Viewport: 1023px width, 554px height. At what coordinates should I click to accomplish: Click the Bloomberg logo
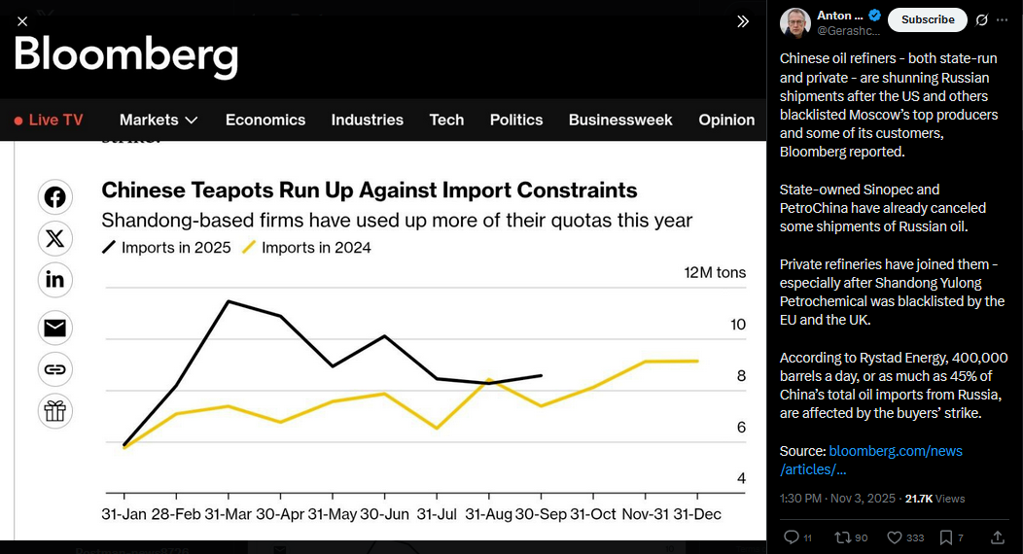(x=125, y=56)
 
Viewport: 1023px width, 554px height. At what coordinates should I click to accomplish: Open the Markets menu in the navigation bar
(x=159, y=120)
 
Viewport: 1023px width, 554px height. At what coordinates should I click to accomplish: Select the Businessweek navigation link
(x=620, y=120)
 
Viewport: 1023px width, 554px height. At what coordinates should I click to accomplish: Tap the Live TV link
(x=49, y=120)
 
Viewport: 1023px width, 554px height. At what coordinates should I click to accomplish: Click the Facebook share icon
(x=55, y=197)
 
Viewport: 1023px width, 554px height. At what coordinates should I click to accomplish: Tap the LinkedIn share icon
(x=55, y=280)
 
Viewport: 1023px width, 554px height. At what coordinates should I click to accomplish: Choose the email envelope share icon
(x=55, y=328)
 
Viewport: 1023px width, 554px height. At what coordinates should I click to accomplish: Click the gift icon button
(x=55, y=410)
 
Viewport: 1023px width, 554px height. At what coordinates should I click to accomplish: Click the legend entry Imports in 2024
(x=306, y=247)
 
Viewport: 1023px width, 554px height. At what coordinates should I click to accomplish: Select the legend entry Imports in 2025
(x=166, y=247)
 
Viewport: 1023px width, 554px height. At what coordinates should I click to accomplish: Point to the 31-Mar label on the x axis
(x=229, y=513)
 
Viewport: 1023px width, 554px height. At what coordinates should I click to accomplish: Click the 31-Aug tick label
(x=488, y=513)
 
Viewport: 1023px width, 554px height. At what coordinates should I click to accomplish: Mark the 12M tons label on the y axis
(x=715, y=272)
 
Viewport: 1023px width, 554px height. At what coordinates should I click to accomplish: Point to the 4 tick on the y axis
(x=741, y=478)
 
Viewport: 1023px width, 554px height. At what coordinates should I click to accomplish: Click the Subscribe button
(x=928, y=19)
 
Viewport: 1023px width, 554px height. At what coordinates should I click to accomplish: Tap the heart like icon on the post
(x=894, y=537)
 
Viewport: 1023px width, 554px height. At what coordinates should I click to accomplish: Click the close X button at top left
(x=22, y=20)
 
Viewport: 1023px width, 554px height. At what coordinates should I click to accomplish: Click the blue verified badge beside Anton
(x=874, y=16)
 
